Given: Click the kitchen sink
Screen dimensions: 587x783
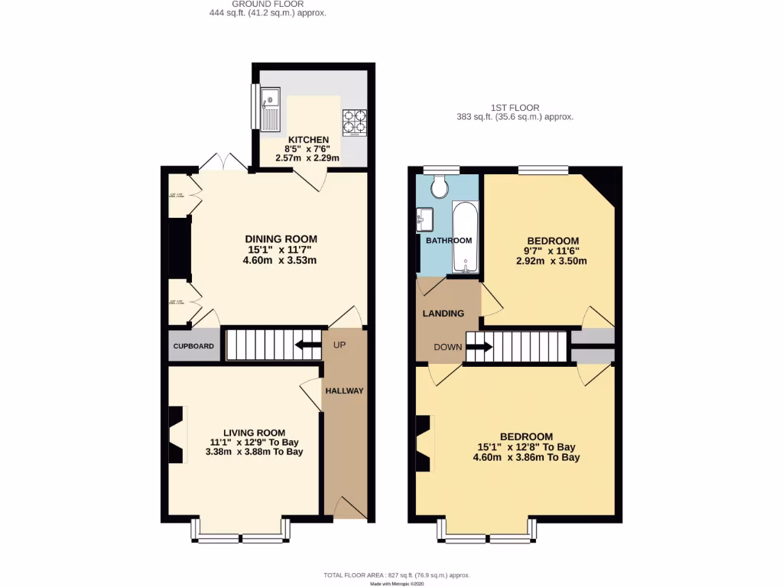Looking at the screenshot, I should tap(271, 109).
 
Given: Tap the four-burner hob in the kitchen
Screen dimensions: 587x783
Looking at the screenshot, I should tap(353, 122).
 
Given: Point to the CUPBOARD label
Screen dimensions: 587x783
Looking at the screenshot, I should tap(193, 346).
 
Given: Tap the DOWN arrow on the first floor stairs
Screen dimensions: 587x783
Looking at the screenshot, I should tap(479, 347).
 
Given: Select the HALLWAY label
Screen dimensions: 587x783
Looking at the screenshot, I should tap(344, 391).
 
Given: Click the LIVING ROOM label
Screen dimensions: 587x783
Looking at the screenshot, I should tap(254, 432).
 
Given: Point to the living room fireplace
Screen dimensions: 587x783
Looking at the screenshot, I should tap(177, 434).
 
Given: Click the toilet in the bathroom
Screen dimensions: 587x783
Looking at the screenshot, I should tap(440, 186).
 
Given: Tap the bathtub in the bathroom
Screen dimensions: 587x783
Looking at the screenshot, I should tap(466, 237).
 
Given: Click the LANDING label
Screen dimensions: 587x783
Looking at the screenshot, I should tap(443, 313).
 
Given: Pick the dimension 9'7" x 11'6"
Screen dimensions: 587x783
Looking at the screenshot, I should tap(551, 251).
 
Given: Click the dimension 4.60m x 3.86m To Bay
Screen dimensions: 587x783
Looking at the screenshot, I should tap(526, 458).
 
